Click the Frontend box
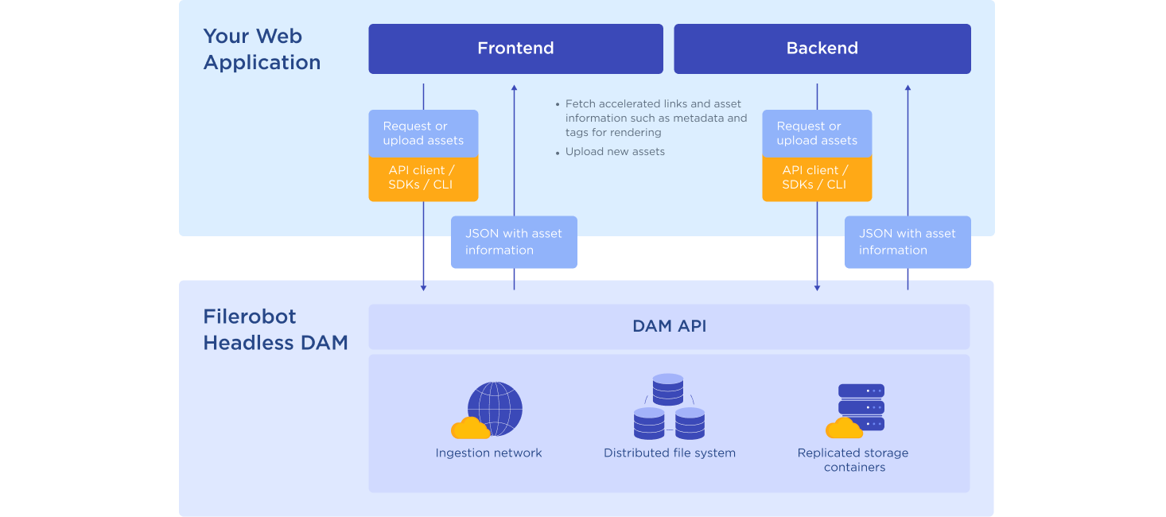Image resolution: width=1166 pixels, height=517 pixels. tap(515, 49)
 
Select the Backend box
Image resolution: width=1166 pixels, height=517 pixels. tap(822, 49)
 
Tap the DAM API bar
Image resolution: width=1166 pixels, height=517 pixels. tap(669, 326)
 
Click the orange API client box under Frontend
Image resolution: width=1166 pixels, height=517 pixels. tap(423, 178)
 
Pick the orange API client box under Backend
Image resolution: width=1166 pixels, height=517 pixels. tap(817, 178)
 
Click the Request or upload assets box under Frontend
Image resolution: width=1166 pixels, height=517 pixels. tap(423, 134)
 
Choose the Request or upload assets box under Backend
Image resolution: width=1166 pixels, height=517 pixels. tap(817, 134)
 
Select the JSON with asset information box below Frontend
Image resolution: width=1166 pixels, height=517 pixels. tap(514, 242)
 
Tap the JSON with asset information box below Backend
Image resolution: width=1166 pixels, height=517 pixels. tap(908, 242)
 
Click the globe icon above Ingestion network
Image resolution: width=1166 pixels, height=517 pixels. tap(495, 408)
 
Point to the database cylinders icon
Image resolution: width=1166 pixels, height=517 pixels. tap(669, 406)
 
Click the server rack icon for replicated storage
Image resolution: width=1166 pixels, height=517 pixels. tap(861, 408)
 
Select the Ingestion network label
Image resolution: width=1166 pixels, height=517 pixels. tap(488, 453)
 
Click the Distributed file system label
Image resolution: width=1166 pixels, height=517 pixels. tap(670, 453)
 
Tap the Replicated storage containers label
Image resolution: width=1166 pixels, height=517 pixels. tap(853, 460)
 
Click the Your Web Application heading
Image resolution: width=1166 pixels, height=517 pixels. tap(262, 49)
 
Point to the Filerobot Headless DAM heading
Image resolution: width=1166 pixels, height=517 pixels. tap(275, 329)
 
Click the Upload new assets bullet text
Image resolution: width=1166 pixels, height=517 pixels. tap(615, 151)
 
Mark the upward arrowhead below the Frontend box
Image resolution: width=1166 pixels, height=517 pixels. tap(514, 88)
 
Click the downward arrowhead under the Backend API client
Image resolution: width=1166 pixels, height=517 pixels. tap(817, 288)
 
